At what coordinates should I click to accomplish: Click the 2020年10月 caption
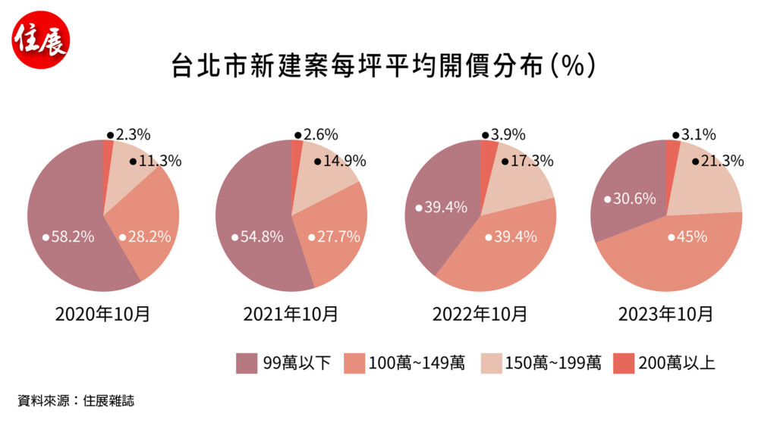(x=102, y=314)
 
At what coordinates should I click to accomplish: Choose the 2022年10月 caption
(x=480, y=314)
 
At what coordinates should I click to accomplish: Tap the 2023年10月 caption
(x=666, y=314)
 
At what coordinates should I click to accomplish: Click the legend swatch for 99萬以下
(x=247, y=363)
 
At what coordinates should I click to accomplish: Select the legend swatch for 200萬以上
(x=624, y=363)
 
